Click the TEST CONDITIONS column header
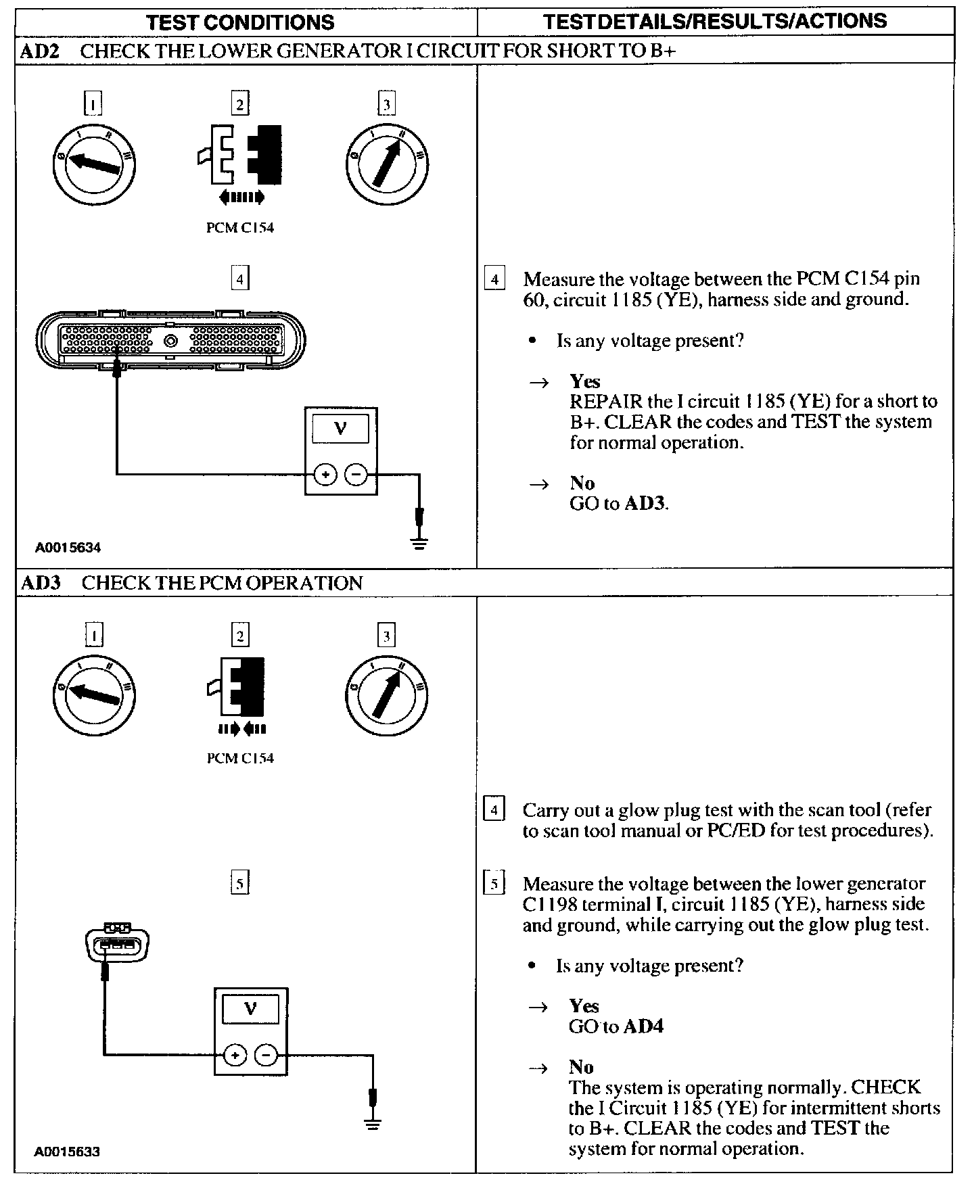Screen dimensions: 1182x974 point(240,22)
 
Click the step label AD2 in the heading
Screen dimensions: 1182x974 point(41,51)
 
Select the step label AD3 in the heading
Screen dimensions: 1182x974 point(41,583)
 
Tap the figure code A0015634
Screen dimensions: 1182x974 point(68,548)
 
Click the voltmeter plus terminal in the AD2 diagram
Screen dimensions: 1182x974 point(325,475)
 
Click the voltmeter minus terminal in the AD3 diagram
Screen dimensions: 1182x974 point(266,1054)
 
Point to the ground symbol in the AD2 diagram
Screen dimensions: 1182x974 point(419,543)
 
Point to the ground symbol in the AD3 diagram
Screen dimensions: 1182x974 point(372,1125)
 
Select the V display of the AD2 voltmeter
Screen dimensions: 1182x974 point(341,429)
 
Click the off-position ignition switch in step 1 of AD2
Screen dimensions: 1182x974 point(94,164)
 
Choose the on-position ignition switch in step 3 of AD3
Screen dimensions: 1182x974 point(386,696)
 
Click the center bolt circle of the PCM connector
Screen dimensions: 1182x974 point(171,340)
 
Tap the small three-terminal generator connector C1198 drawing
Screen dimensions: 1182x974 point(117,942)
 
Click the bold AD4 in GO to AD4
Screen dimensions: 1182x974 point(643,1026)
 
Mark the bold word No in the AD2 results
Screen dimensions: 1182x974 point(582,483)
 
